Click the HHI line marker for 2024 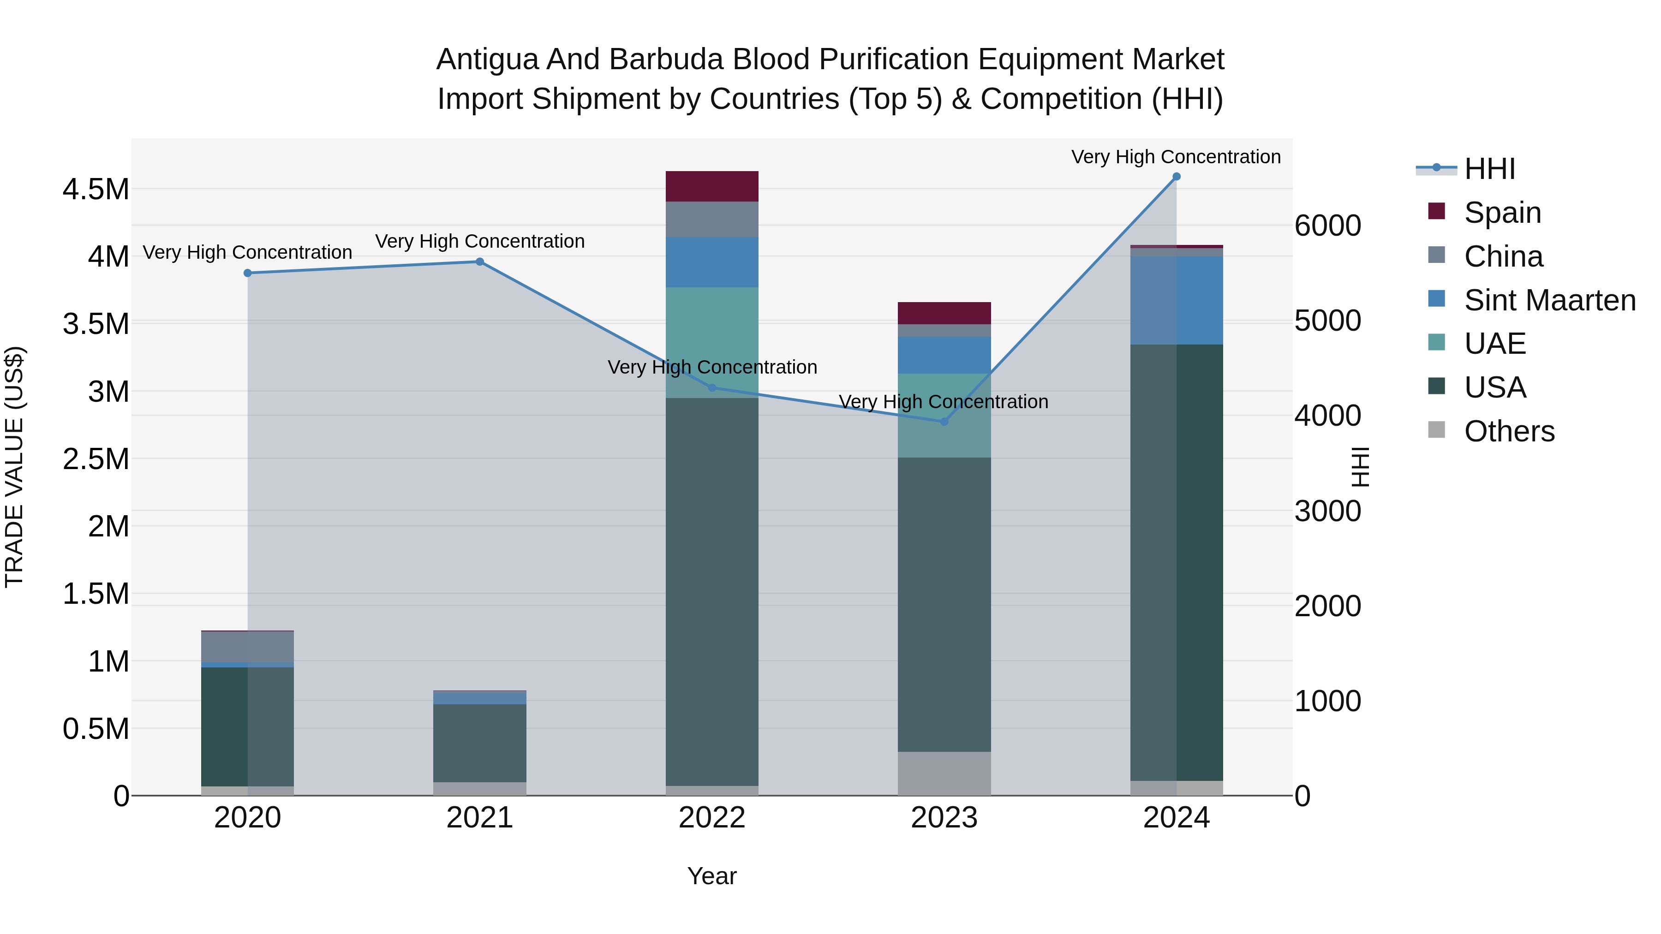click(1176, 177)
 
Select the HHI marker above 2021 click(480, 262)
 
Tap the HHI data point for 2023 click(944, 422)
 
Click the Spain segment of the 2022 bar click(712, 186)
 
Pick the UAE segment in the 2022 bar click(712, 342)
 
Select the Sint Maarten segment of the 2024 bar click(1176, 300)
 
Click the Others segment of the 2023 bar click(944, 773)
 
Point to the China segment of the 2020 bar click(248, 647)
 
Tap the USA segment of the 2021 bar click(480, 743)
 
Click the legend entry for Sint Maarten click(1549, 300)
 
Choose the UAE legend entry click(1494, 344)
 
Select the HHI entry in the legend click(1489, 169)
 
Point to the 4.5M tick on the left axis click(96, 190)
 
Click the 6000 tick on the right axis click(1327, 226)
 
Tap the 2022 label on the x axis click(712, 818)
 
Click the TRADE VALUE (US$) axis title click(15, 467)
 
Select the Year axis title click(712, 876)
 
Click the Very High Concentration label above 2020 click(248, 252)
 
